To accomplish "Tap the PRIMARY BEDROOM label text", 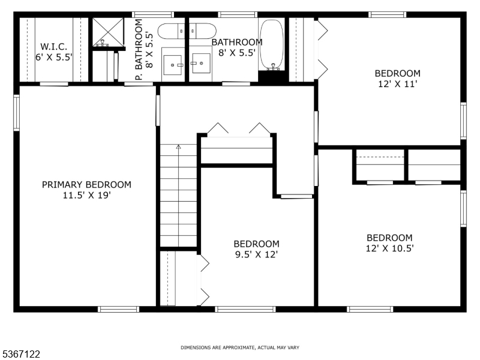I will point(86,185).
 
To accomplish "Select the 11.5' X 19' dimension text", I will point(86,195).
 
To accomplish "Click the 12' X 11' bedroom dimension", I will point(397,84).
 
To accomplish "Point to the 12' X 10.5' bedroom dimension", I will point(389,247).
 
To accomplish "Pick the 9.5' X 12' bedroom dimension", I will point(256,254).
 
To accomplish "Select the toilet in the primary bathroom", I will point(174,30).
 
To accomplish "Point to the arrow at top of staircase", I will point(178,147).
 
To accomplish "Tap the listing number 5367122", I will point(21,355).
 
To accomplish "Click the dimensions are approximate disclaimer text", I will point(240,347).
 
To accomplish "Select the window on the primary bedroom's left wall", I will point(16,112).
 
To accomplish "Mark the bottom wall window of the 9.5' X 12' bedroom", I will point(237,309).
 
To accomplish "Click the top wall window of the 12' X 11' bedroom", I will point(388,14).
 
